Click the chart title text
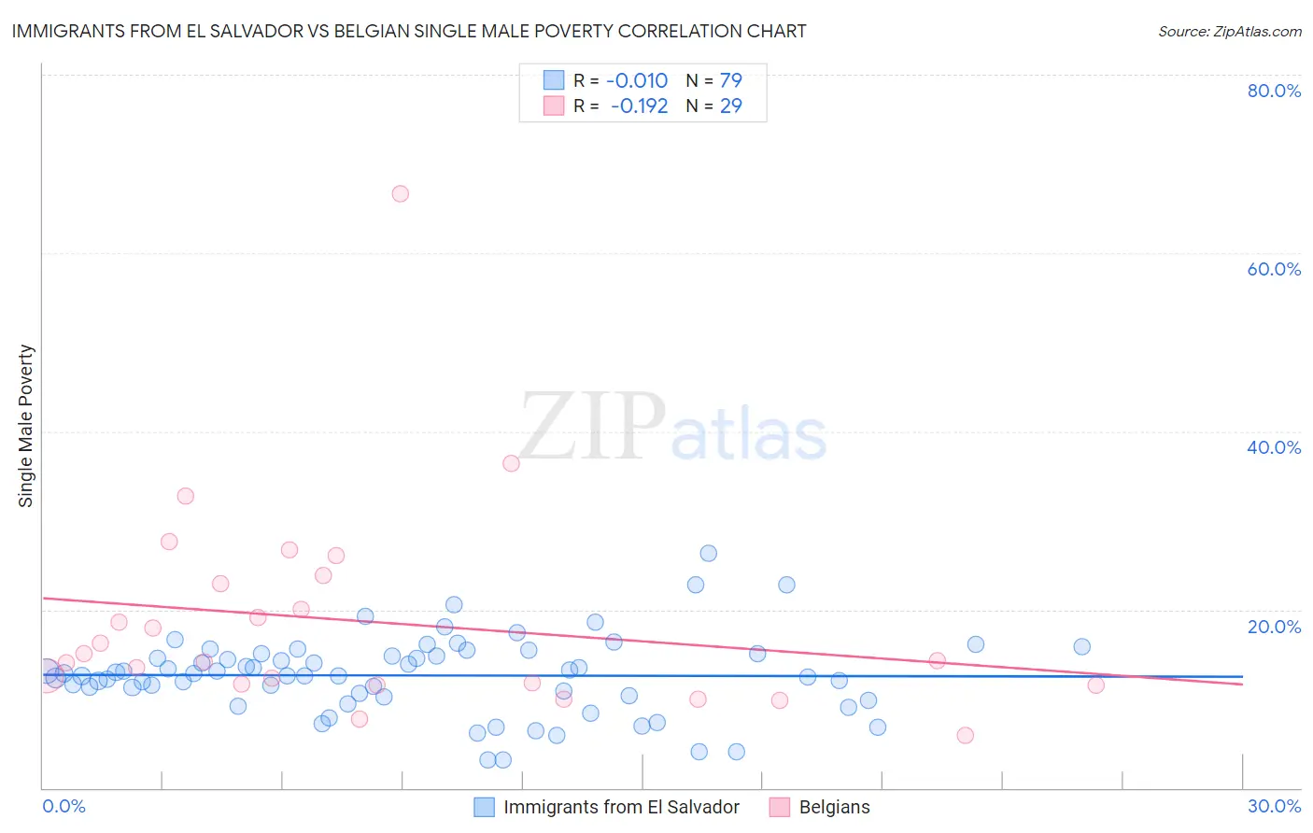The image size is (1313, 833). (409, 31)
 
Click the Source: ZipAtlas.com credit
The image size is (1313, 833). (1229, 31)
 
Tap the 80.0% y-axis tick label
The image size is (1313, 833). (1274, 91)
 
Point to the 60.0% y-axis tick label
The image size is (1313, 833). (1274, 269)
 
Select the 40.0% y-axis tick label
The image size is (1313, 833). (1274, 447)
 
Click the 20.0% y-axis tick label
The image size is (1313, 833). (1274, 626)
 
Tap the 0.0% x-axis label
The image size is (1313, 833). (64, 806)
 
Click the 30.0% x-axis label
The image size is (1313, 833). (1274, 806)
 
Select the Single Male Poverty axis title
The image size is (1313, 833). (26, 426)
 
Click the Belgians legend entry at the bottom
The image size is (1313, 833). (834, 807)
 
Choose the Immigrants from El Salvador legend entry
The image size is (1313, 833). (621, 807)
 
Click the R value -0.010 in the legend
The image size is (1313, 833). (637, 80)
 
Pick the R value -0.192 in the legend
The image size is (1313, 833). (639, 106)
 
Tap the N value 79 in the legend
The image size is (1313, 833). (730, 80)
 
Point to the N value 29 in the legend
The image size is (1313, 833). (730, 106)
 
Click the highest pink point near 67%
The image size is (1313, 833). (400, 193)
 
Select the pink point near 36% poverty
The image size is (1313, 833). (511, 463)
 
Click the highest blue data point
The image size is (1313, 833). (708, 553)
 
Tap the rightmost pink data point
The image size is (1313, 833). (1096, 685)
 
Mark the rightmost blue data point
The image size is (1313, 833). (1081, 646)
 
